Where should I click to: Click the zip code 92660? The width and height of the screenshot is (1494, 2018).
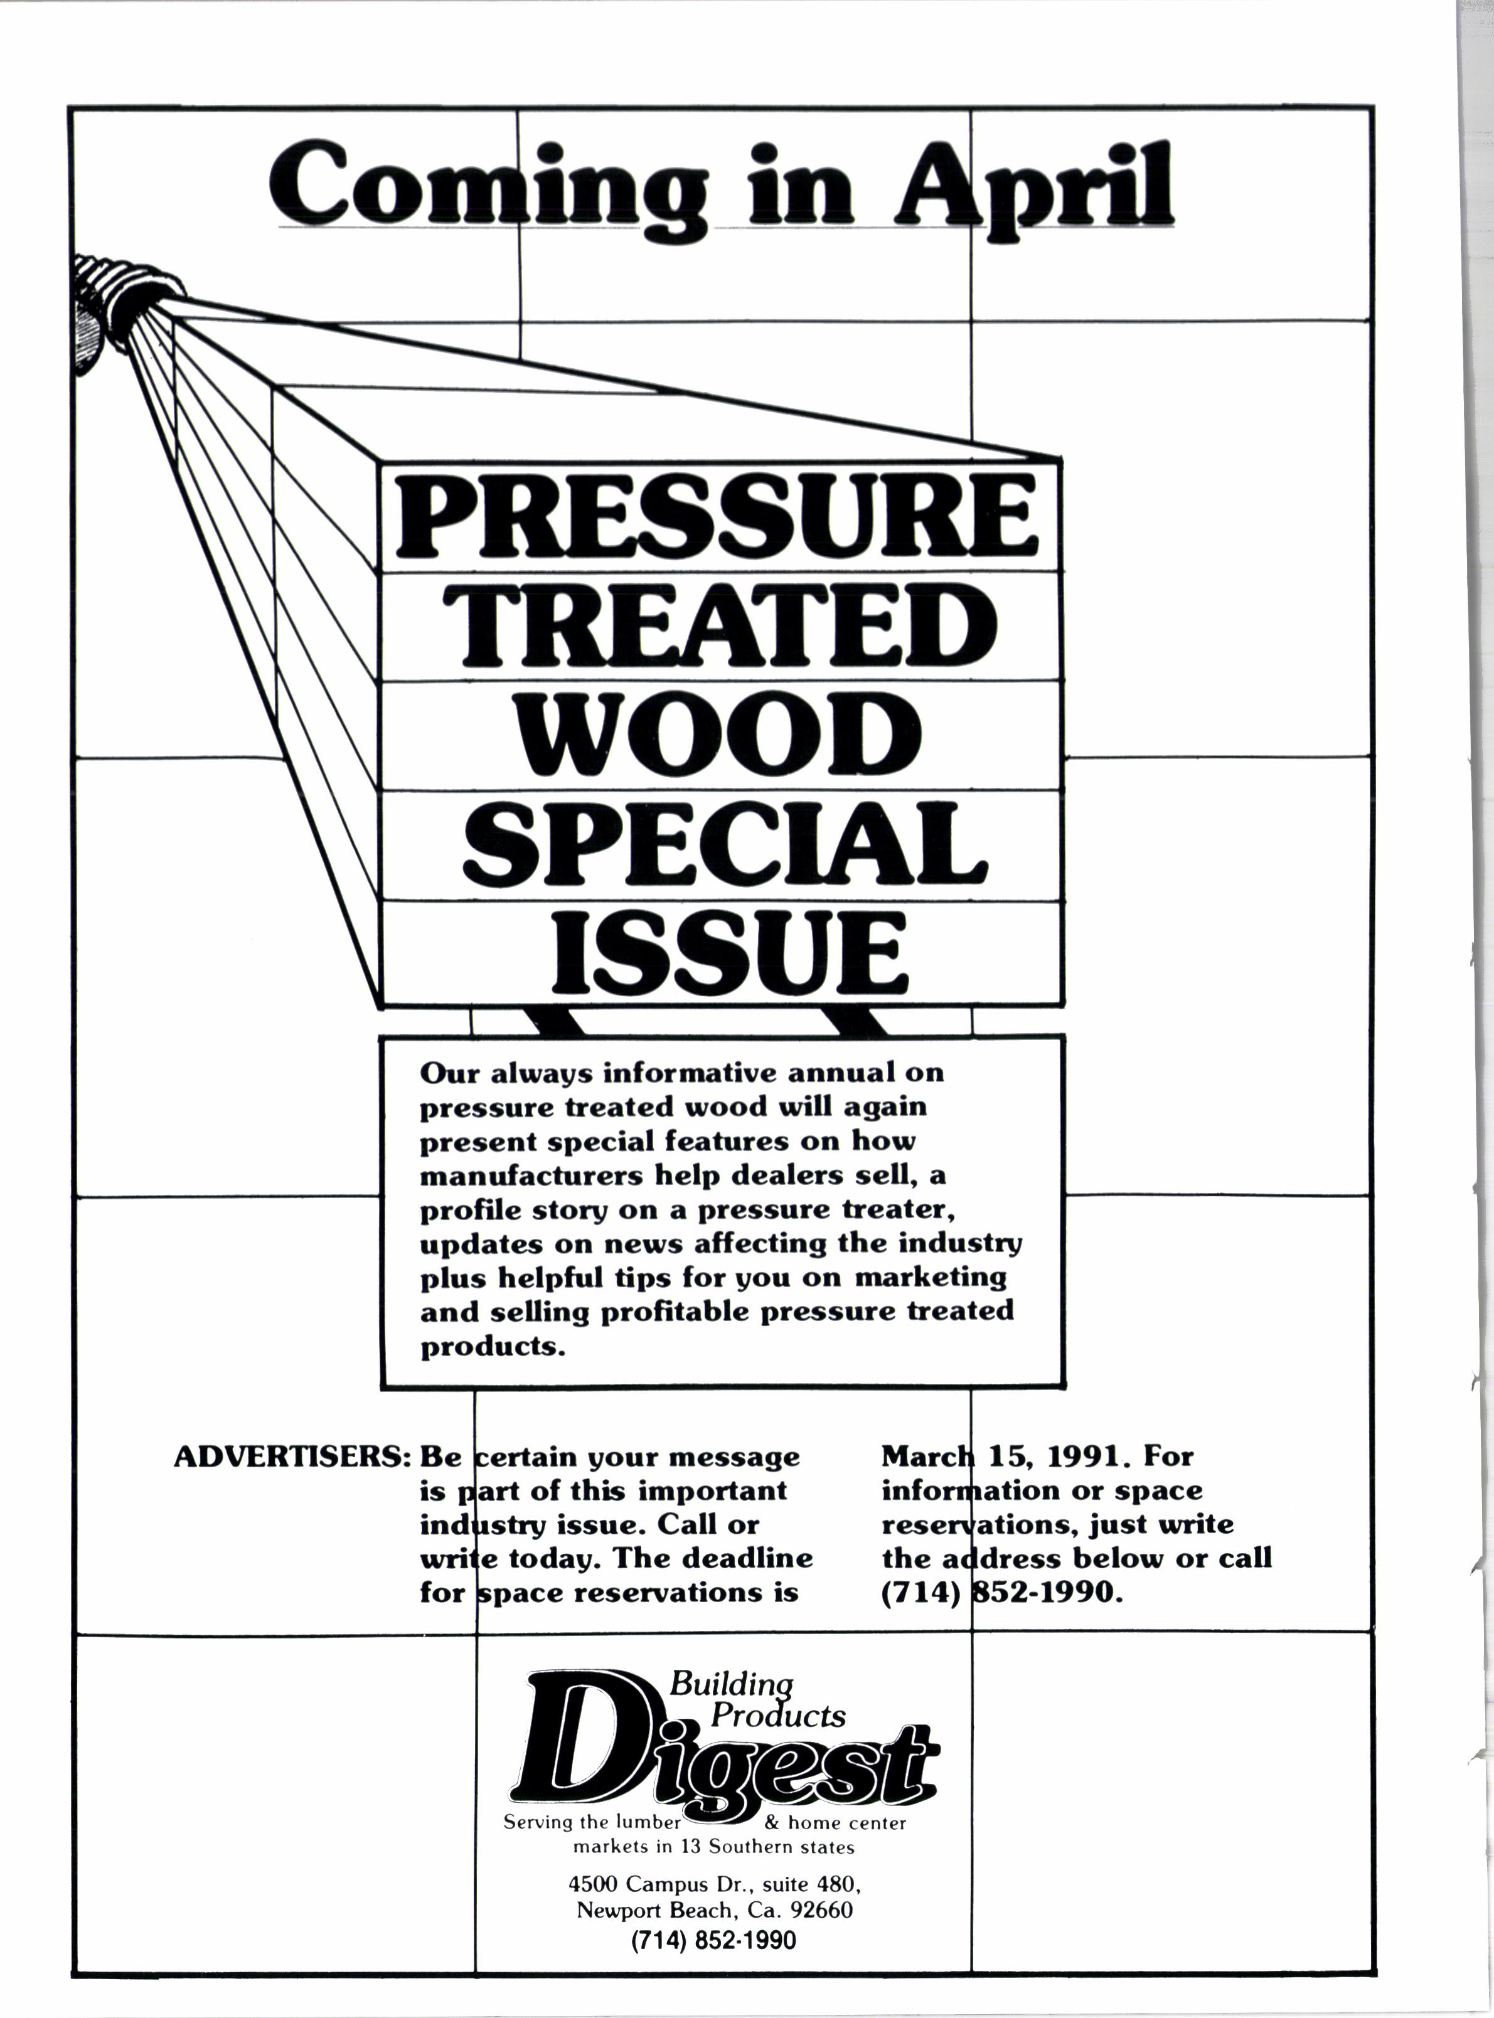(821, 1909)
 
